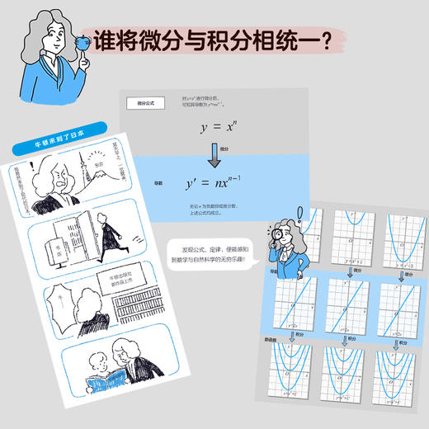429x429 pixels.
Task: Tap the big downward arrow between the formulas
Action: pos(213,153)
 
